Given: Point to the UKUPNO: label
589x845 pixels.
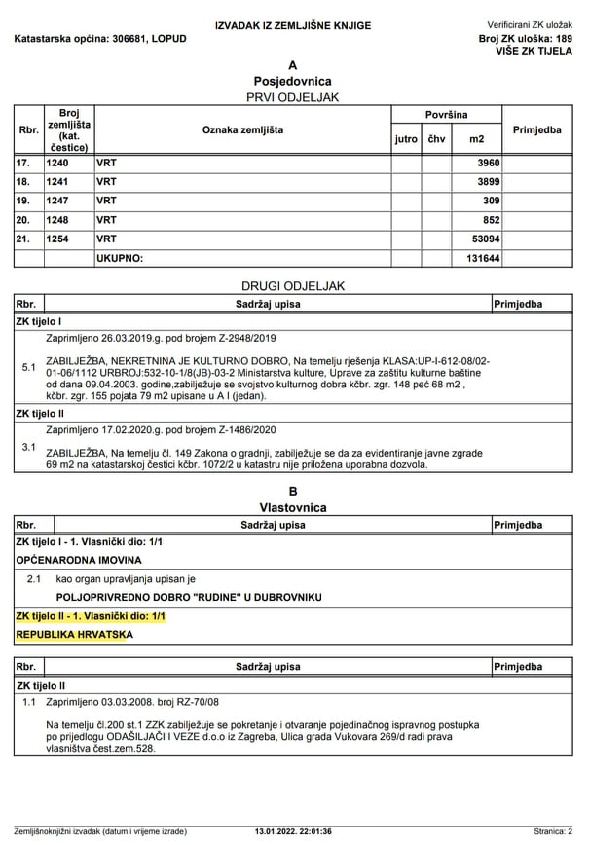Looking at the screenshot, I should point(120,258).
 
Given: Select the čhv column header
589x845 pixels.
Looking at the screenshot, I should point(436,139).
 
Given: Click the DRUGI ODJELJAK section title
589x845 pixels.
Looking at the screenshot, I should point(293,285).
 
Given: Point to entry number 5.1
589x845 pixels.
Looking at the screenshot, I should point(28,369).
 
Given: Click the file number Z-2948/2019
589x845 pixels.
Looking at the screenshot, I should point(240,338).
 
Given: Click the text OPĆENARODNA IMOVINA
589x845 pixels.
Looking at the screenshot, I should point(79,560).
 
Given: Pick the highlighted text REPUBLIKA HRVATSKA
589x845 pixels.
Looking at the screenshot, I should point(74,634).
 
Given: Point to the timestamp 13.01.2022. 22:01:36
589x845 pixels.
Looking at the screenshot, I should point(293,831).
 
